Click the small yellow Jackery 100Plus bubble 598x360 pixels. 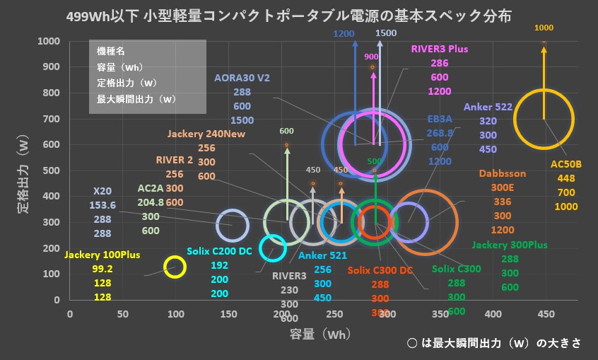coord(175,267)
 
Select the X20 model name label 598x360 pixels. coord(103,191)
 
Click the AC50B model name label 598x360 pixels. coord(565,164)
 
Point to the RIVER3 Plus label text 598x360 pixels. coord(439,49)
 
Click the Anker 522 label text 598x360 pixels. coord(488,108)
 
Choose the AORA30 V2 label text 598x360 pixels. coord(242,79)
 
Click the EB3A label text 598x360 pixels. coord(440,119)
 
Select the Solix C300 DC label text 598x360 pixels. coord(380,270)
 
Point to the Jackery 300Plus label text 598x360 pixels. coord(510,245)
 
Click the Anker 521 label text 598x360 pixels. coord(322,256)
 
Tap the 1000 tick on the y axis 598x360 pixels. coord(50,41)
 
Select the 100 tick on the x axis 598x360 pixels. coord(175,313)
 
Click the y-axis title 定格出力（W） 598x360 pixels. coord(21,170)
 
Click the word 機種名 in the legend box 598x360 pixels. coord(111,52)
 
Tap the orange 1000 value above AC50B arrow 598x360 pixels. coord(544,28)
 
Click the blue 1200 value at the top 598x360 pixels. coord(344,33)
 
